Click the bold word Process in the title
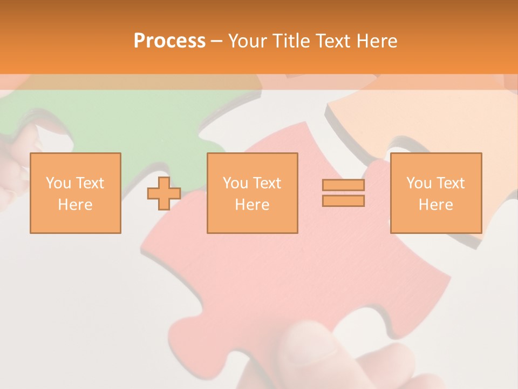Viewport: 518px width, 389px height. (x=169, y=41)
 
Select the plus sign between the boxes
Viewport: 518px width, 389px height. (x=164, y=193)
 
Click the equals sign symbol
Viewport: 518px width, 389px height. (x=343, y=193)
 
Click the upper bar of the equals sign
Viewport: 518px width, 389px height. (x=343, y=185)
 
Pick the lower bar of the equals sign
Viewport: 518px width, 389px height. (x=343, y=200)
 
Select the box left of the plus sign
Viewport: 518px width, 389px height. (x=76, y=193)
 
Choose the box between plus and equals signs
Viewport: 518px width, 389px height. (x=252, y=193)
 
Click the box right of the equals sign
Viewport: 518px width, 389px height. (x=436, y=193)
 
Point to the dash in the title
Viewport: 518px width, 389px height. (x=217, y=41)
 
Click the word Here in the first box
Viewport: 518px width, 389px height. (x=76, y=205)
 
